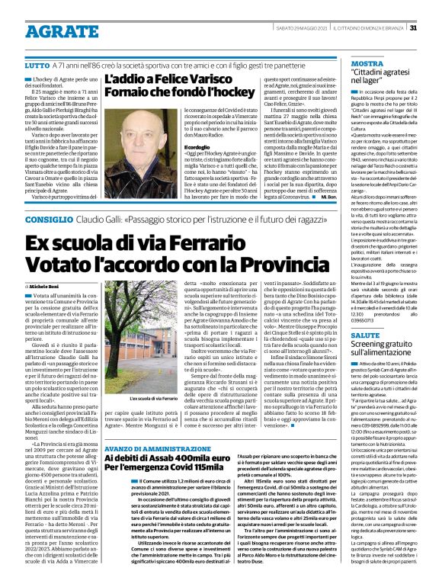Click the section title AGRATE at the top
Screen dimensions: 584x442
pos(48,28)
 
